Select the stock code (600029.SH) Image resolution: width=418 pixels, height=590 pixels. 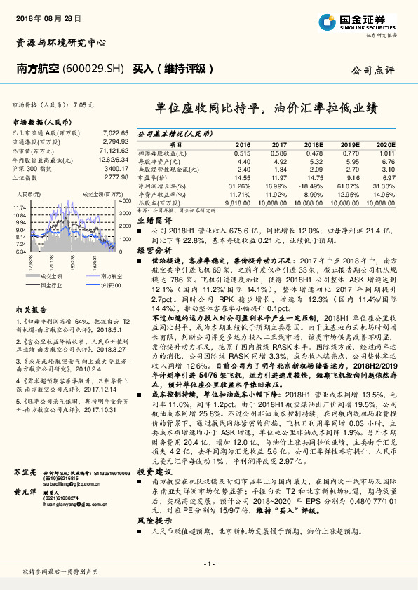pyautogui.click(x=94, y=69)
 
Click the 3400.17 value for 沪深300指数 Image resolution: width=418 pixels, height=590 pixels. pyautogui.click(x=115, y=169)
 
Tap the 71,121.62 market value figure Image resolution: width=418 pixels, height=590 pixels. pyautogui.click(x=113, y=151)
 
